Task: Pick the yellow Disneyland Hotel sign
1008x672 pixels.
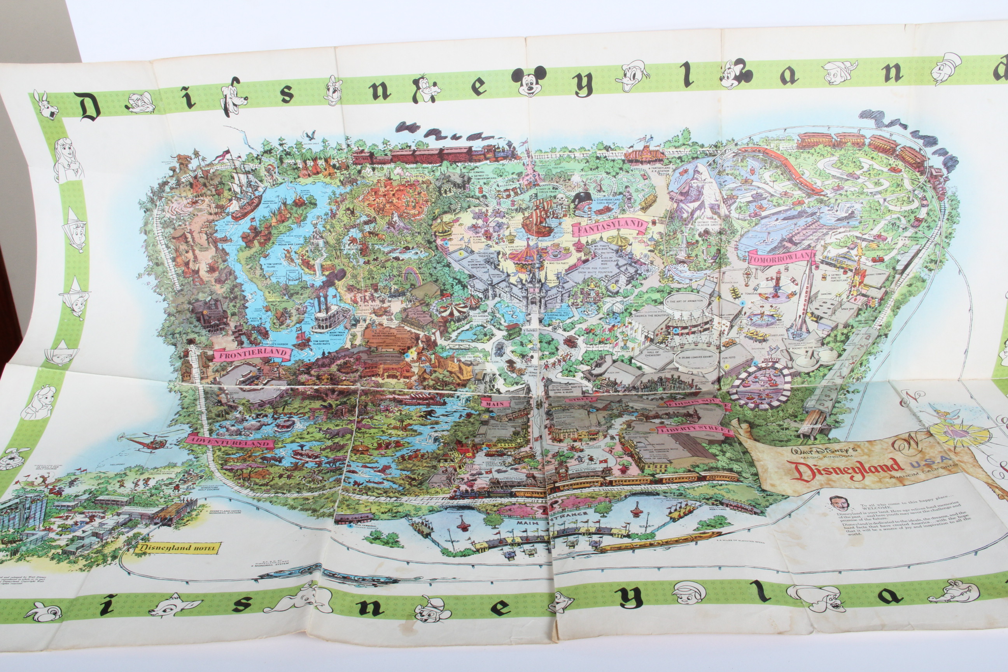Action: coord(177,548)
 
